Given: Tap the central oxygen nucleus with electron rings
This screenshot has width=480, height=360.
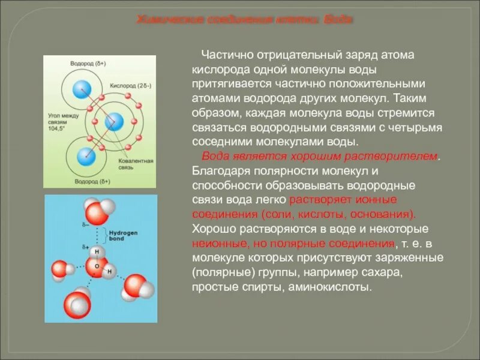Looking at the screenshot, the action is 113,122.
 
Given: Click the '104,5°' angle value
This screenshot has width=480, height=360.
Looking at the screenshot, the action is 57,128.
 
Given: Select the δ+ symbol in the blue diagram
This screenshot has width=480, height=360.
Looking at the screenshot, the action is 87,246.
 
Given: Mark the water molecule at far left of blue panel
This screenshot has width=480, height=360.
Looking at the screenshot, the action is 61,270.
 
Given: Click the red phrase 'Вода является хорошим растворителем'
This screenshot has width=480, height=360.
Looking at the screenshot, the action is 320,156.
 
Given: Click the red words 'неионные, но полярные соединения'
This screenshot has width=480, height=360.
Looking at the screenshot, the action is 293,244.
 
